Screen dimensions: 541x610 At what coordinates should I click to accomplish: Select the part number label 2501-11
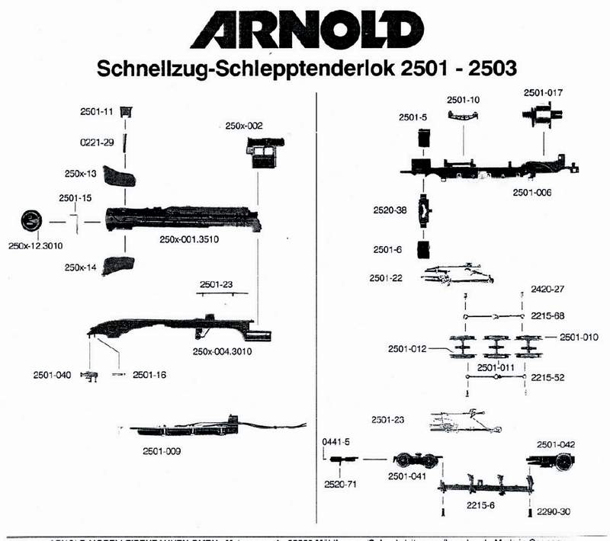coord(97,112)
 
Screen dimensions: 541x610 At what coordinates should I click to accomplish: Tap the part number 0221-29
coord(97,142)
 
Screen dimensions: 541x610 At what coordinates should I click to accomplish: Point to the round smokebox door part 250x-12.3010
coord(30,222)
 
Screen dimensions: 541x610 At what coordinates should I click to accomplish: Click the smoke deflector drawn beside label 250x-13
coord(120,178)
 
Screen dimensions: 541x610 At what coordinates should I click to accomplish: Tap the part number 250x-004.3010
coord(223,351)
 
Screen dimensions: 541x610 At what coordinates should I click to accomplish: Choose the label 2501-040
coord(52,374)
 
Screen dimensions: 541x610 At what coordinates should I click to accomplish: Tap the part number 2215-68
coord(547,315)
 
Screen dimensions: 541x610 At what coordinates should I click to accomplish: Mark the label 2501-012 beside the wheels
coord(406,349)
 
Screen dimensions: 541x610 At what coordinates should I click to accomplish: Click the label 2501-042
coord(555,444)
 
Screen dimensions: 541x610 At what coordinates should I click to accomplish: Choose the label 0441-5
coord(335,441)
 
